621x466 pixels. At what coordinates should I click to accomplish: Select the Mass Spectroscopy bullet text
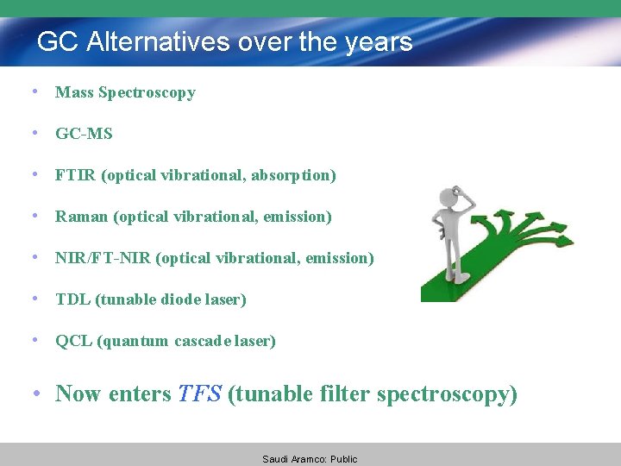coord(125,92)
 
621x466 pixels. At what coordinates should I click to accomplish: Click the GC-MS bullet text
coord(84,134)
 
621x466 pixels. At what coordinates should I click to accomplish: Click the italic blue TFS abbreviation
coord(199,394)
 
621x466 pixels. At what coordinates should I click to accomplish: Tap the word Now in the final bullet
coord(78,394)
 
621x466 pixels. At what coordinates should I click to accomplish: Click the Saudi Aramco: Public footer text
coord(310,459)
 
